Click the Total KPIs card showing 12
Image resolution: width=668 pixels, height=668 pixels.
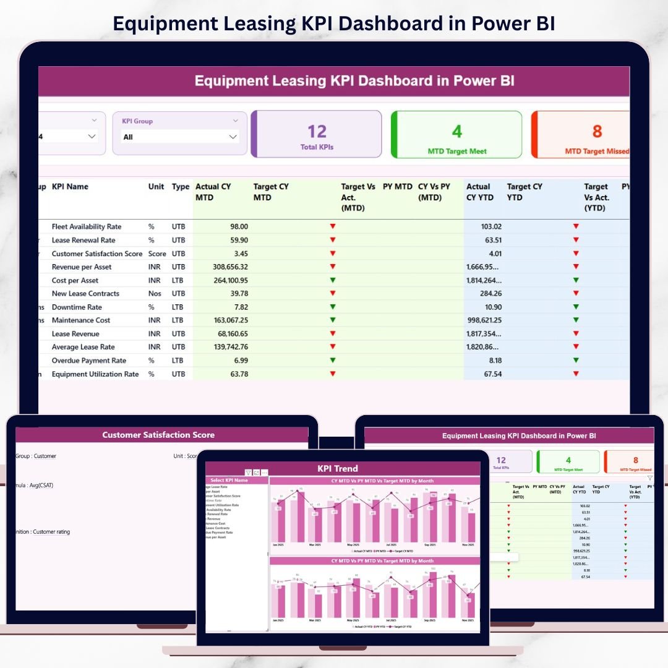[317, 134]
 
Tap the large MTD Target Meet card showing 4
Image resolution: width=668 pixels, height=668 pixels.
[456, 134]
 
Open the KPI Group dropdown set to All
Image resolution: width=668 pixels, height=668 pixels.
[179, 137]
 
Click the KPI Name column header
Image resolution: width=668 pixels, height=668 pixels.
[70, 187]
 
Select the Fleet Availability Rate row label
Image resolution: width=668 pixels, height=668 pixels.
[87, 227]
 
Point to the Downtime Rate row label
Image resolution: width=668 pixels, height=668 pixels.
[77, 307]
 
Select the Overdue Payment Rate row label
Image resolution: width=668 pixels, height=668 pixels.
[89, 361]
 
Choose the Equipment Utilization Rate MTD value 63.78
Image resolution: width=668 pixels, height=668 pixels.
[238, 374]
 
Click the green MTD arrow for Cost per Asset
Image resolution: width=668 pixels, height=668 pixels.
[333, 280]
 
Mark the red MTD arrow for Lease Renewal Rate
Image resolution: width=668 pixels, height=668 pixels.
[333, 240]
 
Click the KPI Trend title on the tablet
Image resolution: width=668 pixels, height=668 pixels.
[338, 468]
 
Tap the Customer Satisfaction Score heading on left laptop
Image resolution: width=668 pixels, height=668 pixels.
[158, 435]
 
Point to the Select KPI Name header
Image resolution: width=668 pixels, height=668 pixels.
[229, 480]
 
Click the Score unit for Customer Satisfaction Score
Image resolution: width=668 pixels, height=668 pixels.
[157, 254]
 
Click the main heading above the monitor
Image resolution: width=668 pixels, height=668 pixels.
[334, 24]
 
